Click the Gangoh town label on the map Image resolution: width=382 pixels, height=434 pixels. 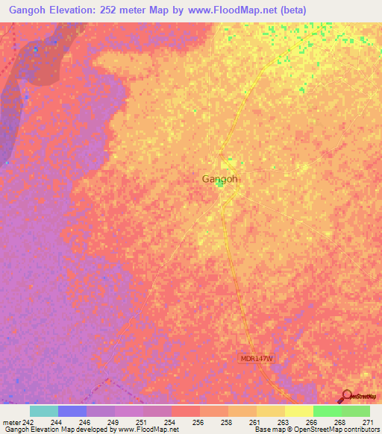point(220,179)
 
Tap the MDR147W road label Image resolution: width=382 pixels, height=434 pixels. point(258,359)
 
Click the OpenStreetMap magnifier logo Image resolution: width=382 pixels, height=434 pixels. point(347,396)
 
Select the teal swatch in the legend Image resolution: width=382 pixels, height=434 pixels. point(44,411)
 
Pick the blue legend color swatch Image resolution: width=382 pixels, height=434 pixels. point(72,411)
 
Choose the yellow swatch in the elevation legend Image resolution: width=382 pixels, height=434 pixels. point(298,411)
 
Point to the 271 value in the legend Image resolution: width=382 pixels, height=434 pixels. point(367,422)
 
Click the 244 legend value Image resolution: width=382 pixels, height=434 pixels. point(56,422)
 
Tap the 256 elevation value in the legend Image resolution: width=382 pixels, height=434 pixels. point(198,422)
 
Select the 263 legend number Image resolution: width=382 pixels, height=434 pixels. point(283,422)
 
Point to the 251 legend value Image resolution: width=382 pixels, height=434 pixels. point(141,422)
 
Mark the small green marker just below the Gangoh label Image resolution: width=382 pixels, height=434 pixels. point(221,186)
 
